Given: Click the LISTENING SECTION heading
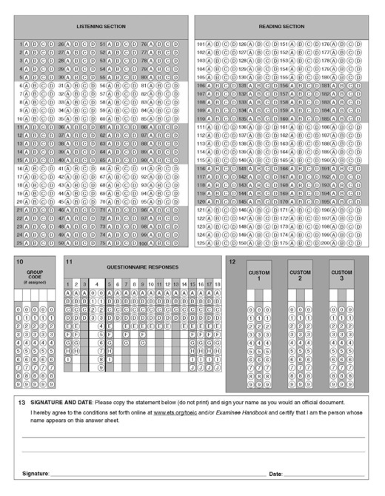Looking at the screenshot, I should coord(101,27).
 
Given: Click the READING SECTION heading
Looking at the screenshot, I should coord(281,27).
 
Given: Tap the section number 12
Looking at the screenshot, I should coord(232,262).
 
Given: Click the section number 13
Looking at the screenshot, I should coord(21,402).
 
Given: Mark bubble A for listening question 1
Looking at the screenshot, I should coord(27,44).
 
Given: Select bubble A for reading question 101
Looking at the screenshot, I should coord(210,44).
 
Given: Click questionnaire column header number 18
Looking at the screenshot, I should coord(218,284).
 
